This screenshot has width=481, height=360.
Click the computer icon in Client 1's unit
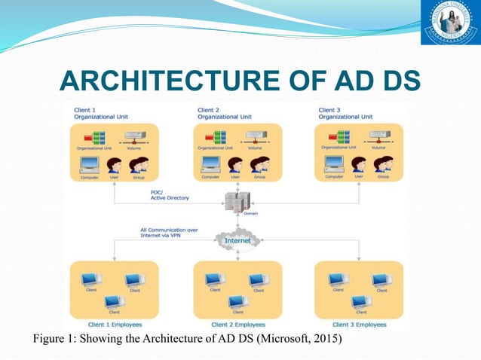pos(90,164)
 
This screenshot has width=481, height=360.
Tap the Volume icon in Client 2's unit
pos(256,138)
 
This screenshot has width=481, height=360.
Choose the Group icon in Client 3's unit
pos(383,165)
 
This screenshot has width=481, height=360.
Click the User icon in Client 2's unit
pos(235,165)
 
